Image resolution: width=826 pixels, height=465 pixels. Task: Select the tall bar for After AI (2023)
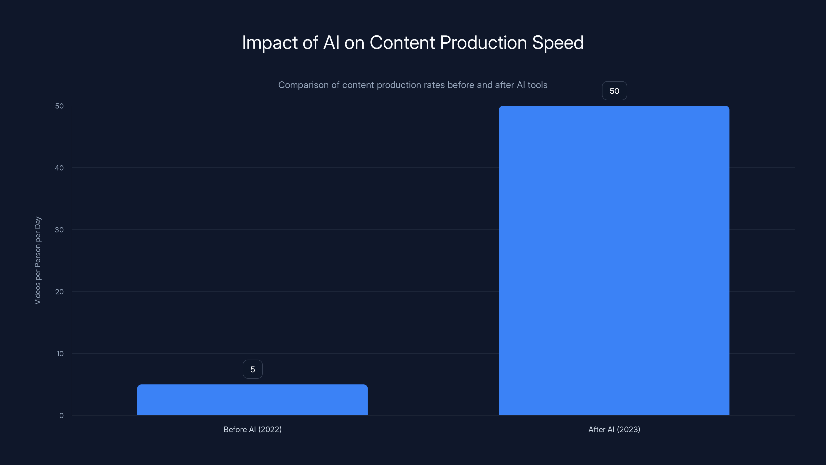coord(614,260)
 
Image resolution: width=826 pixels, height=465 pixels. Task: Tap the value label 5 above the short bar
coord(253,369)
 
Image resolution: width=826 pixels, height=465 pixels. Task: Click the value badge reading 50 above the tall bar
coord(614,91)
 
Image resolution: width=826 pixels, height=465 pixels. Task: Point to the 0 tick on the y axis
coord(61,416)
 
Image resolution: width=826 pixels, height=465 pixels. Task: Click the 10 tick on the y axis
coord(60,354)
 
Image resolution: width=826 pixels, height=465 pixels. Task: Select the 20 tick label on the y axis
coord(59,292)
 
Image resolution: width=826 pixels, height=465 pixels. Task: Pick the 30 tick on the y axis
coord(59,230)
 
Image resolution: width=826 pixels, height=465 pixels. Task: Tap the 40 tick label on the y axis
coord(59,168)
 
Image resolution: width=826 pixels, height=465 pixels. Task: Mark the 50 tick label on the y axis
coord(59,106)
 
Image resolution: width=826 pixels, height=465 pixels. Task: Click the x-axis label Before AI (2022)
coord(252,429)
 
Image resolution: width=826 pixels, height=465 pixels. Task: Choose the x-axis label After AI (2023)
coord(614,429)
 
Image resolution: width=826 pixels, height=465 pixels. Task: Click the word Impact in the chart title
coord(270,43)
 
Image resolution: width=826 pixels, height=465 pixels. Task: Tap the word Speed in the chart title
coord(558,43)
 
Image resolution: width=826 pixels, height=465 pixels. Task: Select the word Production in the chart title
coord(483,43)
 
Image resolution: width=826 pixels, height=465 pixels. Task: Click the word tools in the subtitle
coord(537,85)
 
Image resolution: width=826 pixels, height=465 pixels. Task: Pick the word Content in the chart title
coord(402,43)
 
